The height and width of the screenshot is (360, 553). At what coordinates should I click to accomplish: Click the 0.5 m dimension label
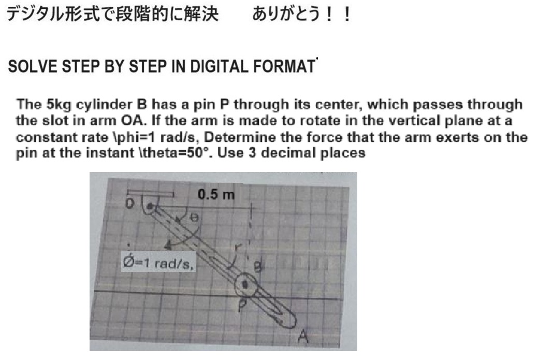pos(216,195)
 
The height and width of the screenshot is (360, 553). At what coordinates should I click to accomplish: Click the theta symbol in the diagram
pos(190,218)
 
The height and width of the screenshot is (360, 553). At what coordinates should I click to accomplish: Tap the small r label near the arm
pos(238,247)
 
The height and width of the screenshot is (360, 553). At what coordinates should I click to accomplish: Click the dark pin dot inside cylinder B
pos(246,284)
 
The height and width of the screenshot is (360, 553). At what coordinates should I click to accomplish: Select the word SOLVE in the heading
pos(30,68)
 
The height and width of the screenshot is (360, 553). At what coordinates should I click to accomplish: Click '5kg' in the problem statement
pos(60,104)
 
